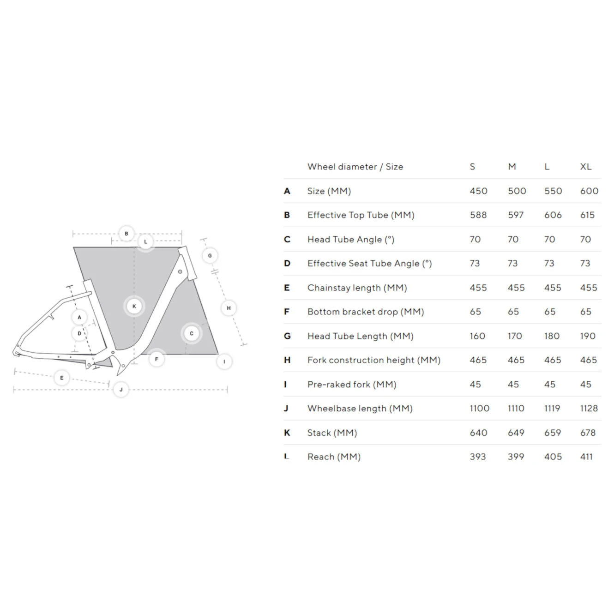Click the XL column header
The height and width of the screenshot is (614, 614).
585,167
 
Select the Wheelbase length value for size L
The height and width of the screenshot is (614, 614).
552,409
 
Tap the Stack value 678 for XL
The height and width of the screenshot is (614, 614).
588,433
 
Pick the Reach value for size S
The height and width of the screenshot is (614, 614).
477,457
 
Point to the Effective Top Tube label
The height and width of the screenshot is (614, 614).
361,215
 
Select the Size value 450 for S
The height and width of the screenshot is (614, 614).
478,191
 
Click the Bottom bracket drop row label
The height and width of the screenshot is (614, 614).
365,312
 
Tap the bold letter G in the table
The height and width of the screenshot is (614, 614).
287,336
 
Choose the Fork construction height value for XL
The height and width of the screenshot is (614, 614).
588,360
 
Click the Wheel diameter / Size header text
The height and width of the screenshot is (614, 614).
355,167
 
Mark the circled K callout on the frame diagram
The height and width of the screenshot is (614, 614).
134,306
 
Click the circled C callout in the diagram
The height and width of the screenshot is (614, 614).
192,333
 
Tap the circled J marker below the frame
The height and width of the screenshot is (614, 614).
121,390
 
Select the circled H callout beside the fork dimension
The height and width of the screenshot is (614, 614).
229,308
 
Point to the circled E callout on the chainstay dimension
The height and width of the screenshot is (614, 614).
62,378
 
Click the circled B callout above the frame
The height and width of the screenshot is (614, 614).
126,234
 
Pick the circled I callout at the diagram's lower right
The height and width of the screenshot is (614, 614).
224,361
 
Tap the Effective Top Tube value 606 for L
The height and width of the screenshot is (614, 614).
553,215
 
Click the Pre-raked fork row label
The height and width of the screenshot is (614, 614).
351,385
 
